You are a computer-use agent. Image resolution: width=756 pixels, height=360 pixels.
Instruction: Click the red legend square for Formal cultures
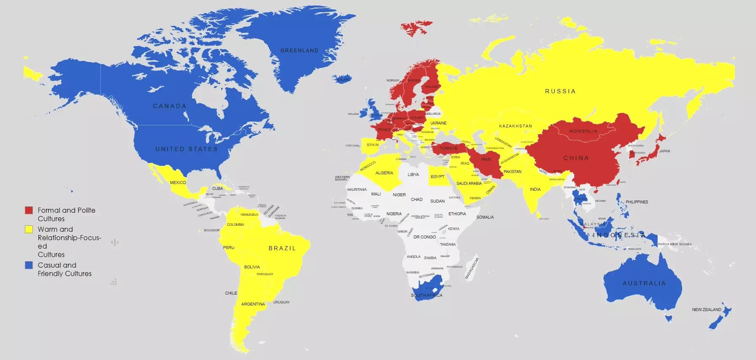(x=29, y=210)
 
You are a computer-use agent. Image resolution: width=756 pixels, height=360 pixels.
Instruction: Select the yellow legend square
(x=29, y=229)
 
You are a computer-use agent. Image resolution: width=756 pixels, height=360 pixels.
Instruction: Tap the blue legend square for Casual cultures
(x=29, y=265)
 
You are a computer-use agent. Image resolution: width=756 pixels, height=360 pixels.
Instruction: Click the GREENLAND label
(x=300, y=51)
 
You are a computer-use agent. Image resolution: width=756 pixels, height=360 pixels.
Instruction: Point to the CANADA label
(x=170, y=106)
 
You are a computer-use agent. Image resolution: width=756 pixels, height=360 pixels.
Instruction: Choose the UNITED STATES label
(x=186, y=149)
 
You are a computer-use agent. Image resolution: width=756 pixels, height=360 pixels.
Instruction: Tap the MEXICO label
(x=178, y=183)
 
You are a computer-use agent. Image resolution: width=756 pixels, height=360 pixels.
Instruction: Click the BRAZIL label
(x=282, y=248)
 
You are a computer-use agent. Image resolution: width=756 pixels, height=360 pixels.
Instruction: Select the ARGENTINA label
(x=253, y=304)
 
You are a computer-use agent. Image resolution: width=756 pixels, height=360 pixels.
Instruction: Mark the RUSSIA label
(x=560, y=91)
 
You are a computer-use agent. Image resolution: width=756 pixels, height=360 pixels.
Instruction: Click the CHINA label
(x=576, y=158)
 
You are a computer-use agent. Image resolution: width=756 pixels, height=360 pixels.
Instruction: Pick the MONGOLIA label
(x=583, y=131)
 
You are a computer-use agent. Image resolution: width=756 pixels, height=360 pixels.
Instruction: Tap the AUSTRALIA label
(x=644, y=283)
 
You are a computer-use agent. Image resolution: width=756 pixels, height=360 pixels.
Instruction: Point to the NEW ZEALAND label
(x=707, y=310)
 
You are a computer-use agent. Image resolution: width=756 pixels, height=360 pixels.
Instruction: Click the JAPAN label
(x=664, y=151)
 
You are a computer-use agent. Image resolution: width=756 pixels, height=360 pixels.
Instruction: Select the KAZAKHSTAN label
(x=516, y=126)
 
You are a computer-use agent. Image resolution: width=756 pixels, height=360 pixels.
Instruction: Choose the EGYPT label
(x=437, y=177)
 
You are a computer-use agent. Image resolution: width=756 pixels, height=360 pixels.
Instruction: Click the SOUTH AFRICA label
(x=427, y=295)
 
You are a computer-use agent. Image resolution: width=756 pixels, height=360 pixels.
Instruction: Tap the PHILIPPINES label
(x=637, y=202)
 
